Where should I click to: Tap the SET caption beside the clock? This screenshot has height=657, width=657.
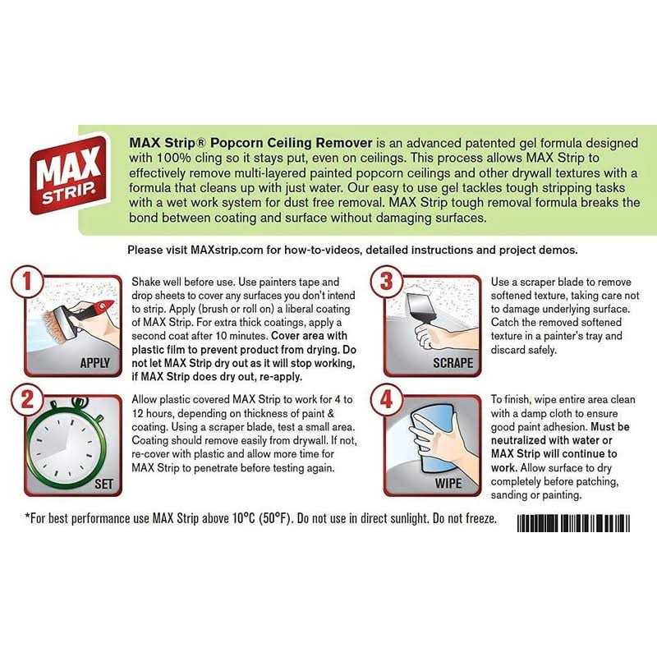(x=103, y=484)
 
